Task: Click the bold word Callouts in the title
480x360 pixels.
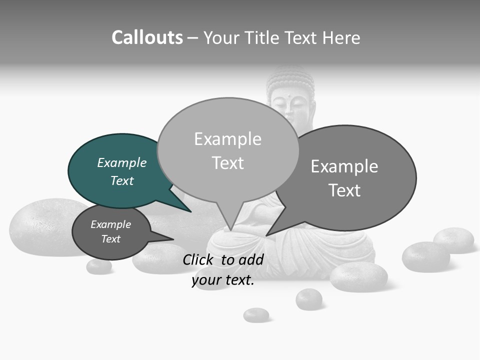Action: coord(147,37)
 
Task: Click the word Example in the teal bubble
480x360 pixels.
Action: coord(122,163)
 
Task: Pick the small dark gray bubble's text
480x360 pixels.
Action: coord(110,231)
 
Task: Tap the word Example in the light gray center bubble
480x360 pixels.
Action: coord(227,139)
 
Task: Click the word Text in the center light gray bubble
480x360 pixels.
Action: coord(227,163)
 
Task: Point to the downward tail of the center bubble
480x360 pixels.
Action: coord(230,227)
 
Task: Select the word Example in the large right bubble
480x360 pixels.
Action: coord(344,166)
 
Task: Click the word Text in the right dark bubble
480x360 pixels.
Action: coord(344,190)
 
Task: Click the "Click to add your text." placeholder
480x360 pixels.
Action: coord(223,269)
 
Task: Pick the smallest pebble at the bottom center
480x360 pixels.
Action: coord(256,315)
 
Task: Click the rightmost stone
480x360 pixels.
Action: coord(453,240)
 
